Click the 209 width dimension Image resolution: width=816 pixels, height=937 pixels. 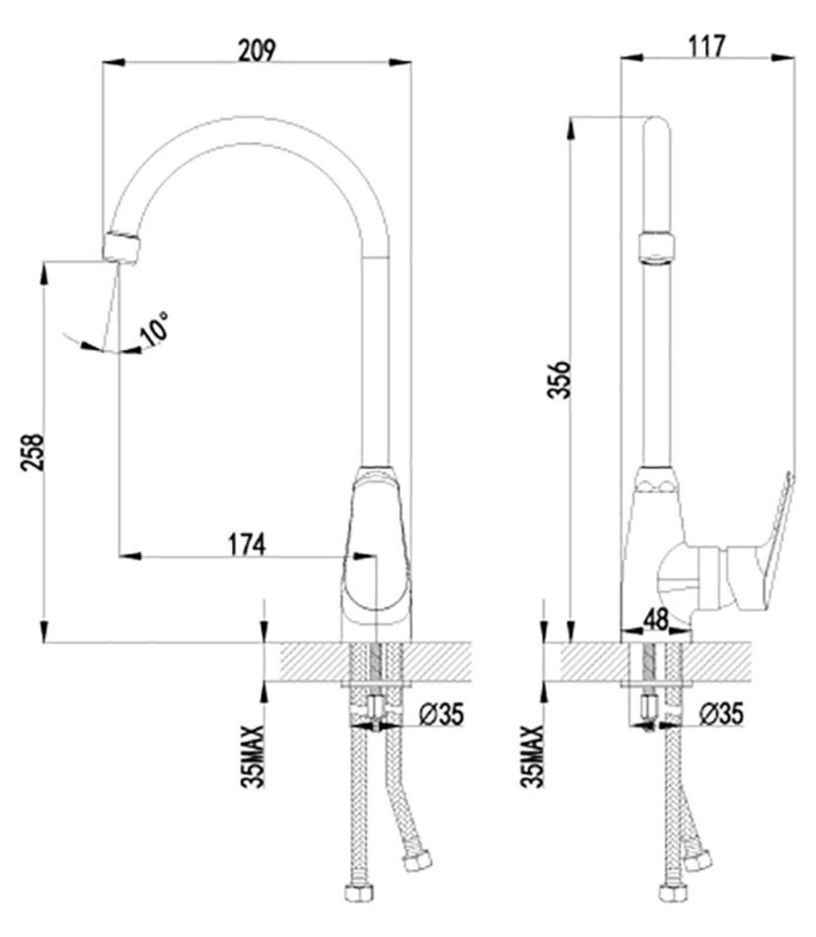257,50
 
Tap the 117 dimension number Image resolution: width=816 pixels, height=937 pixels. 706,46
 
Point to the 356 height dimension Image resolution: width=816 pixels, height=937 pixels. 560,379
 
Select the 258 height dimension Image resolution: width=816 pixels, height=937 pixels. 33,452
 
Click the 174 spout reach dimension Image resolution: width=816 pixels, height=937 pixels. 247,544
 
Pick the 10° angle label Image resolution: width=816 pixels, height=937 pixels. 155,328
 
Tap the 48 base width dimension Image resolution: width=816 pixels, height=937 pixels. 656,619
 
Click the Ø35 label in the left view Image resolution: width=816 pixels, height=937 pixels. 441,713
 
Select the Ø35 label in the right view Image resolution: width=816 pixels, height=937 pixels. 721,713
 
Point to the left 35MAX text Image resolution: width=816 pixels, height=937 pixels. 253,757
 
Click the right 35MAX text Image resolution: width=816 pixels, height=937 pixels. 532,757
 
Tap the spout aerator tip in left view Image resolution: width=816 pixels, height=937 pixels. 121,247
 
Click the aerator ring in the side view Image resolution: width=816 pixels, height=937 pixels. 656,247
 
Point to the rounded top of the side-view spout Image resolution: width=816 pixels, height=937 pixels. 656,124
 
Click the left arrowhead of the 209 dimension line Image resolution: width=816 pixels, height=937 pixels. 113,61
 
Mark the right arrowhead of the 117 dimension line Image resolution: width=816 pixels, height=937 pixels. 783,58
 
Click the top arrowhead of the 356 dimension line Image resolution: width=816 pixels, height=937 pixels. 571,128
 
